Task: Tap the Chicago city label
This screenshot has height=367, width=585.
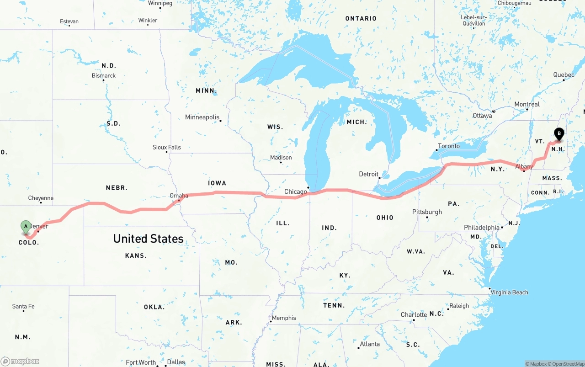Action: click(x=296, y=191)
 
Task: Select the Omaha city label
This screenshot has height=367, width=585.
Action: click(x=179, y=196)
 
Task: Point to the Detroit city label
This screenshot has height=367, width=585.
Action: click(x=368, y=174)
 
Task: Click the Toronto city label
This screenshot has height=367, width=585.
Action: click(x=449, y=146)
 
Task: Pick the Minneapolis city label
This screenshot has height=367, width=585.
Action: click(x=202, y=117)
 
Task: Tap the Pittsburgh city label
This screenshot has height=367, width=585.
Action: click(x=427, y=212)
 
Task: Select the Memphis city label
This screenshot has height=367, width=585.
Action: click(x=284, y=318)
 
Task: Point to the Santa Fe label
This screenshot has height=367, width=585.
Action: click(x=23, y=306)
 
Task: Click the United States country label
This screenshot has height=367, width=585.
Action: click(x=148, y=239)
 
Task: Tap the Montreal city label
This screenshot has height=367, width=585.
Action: click(x=527, y=104)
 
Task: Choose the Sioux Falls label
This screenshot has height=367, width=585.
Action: click(x=166, y=147)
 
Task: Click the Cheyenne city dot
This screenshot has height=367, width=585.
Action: click(x=41, y=202)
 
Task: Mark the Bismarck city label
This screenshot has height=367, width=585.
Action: click(x=104, y=75)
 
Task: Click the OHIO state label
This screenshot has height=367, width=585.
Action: click(x=385, y=218)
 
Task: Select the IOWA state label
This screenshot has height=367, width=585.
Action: click(x=217, y=183)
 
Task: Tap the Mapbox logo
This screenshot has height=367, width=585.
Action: click(x=20, y=361)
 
